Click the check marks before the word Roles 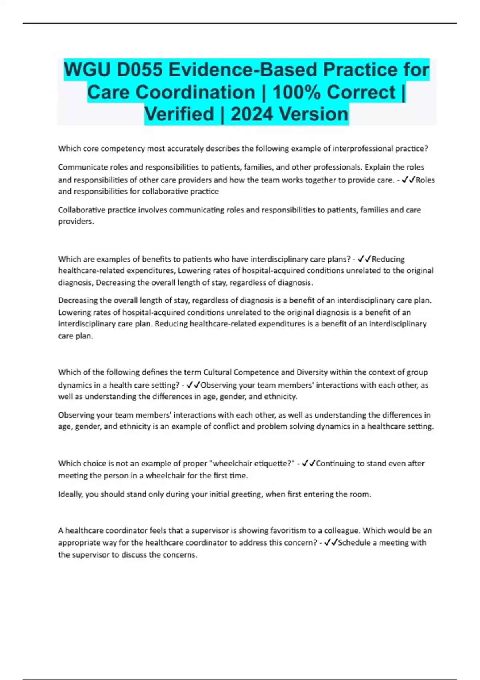[408, 180]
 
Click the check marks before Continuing [308, 464]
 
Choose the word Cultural [217, 372]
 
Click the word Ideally [71, 494]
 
